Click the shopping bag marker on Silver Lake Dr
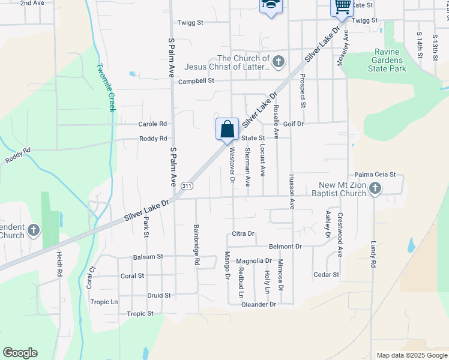click(228, 129)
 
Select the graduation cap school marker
click(271, 6)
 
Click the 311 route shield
click(187, 186)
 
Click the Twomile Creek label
click(106, 88)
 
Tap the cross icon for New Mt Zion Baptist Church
click(375, 188)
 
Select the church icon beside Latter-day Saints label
click(278, 61)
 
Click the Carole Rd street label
click(152, 124)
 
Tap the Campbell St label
click(196, 81)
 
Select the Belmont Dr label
click(285, 247)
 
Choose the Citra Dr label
click(243, 233)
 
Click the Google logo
click(20, 353)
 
